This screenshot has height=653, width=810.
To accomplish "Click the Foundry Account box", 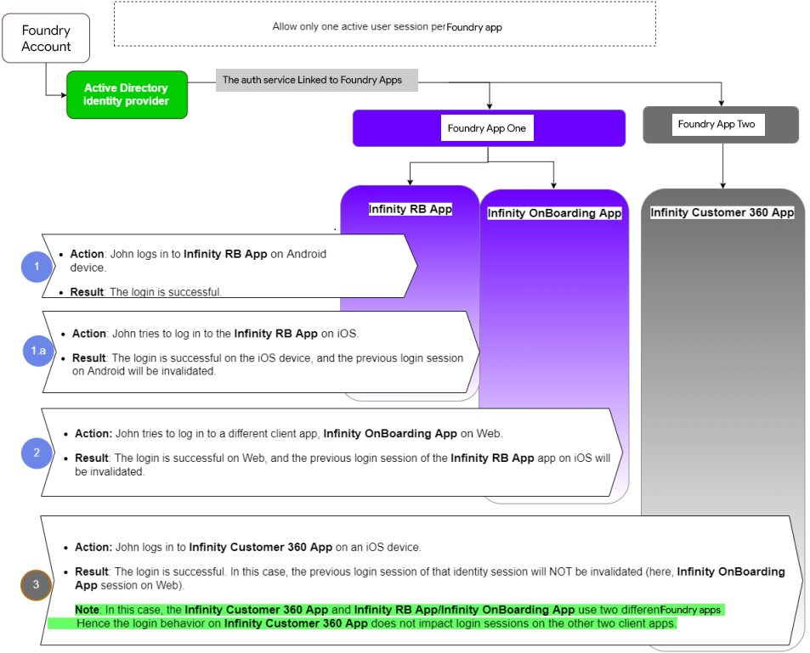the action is [46, 38].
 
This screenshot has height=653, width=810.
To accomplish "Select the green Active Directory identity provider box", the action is [127, 95].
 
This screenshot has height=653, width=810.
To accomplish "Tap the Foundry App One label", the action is [487, 128].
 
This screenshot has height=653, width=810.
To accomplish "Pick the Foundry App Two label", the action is [717, 125].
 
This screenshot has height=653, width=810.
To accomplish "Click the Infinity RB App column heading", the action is [411, 209].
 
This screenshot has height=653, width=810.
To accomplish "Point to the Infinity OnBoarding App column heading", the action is [554, 213].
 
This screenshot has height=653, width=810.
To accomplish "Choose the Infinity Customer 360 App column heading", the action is [722, 212].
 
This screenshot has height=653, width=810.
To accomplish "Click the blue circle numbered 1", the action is [37, 267].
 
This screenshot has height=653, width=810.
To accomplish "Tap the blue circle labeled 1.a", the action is [38, 351].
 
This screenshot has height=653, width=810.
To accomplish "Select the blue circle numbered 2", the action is [37, 453].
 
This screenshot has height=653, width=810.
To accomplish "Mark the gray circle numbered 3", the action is [36, 584].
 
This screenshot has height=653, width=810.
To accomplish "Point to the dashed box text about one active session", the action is [388, 27].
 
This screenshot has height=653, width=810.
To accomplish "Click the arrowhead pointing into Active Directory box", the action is [64, 95].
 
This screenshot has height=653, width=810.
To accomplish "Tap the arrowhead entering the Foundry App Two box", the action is [721, 104].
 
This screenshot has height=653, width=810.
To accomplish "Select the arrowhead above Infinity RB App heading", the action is [411, 183].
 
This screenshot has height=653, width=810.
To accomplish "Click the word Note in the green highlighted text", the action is [87, 610].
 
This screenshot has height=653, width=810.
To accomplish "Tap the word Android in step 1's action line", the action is [306, 254].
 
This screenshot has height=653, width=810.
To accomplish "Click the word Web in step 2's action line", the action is [488, 434].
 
